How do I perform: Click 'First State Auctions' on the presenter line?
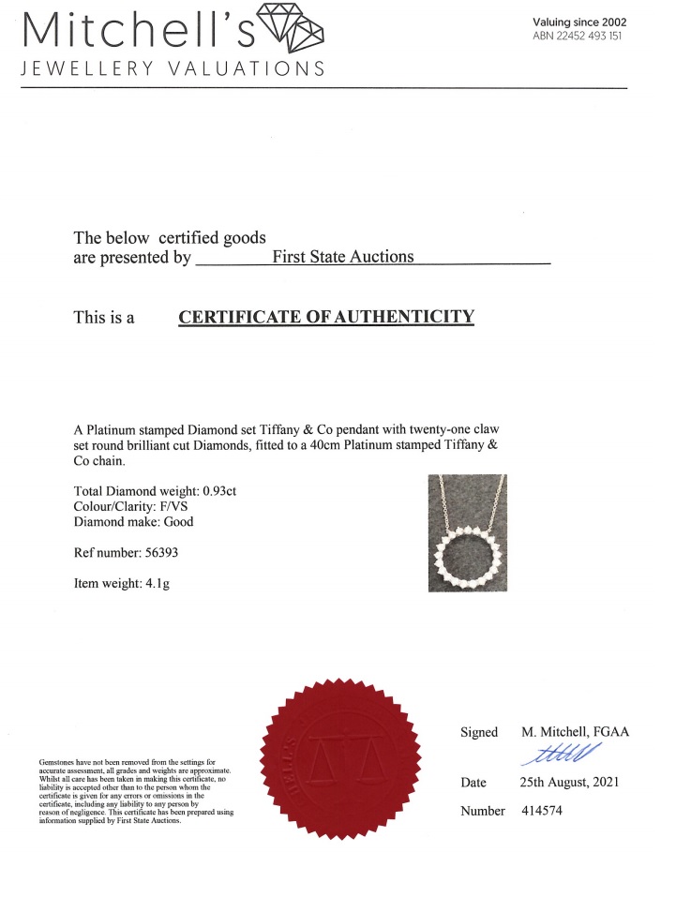tap(342, 256)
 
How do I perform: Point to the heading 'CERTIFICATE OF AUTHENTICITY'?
tap(326, 317)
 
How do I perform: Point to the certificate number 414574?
tap(542, 811)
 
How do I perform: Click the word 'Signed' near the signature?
tap(478, 732)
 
